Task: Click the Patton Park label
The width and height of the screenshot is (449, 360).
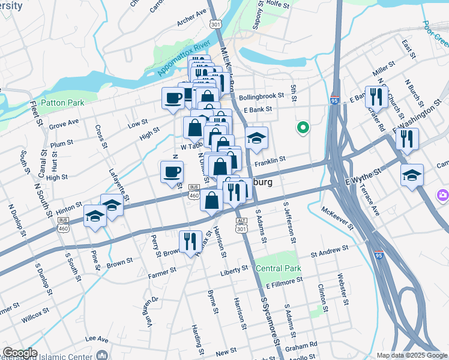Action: (62, 103)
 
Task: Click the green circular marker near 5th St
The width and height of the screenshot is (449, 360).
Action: (303, 127)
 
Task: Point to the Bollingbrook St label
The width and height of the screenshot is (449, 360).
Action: (265, 97)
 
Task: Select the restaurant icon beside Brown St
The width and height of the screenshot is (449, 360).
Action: (190, 241)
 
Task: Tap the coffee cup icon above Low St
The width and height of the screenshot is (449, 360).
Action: (173, 97)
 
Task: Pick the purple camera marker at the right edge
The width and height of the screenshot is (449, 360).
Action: (442, 194)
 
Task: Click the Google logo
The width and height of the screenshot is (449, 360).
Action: (20, 353)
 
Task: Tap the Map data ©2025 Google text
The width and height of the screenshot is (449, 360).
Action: (411, 355)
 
